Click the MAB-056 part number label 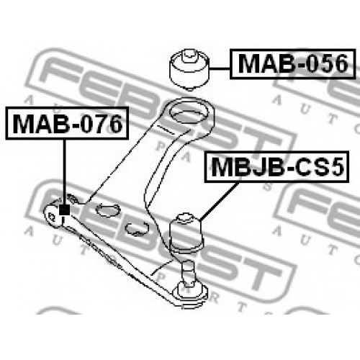[292, 64]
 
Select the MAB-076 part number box [67, 123]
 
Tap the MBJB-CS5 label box [276, 167]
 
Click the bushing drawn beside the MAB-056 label [189, 70]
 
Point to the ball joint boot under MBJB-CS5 [186, 233]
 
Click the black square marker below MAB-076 [64, 210]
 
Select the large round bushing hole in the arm [189, 112]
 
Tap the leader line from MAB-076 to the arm [64, 172]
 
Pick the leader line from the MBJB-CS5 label [219, 201]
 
